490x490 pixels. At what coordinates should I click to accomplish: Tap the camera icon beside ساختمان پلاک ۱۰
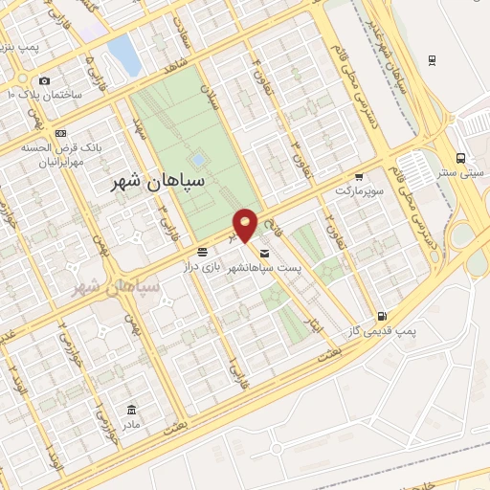pyautogui.click(x=44, y=80)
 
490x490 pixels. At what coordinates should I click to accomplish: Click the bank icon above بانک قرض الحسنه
pyautogui.click(x=61, y=133)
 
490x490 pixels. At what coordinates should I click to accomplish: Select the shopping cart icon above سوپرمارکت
pyautogui.click(x=359, y=177)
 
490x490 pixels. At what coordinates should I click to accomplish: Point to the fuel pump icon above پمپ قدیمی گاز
pyautogui.click(x=383, y=315)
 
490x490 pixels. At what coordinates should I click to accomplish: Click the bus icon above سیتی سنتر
pyautogui.click(x=462, y=158)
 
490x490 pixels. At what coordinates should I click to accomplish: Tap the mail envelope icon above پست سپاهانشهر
pyautogui.click(x=263, y=255)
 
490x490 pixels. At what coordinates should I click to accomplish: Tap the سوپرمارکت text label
pyautogui.click(x=358, y=191)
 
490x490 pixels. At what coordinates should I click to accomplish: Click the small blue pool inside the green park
pyautogui.click(x=198, y=159)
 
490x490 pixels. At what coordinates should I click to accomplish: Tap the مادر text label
pyautogui.click(x=129, y=422)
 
